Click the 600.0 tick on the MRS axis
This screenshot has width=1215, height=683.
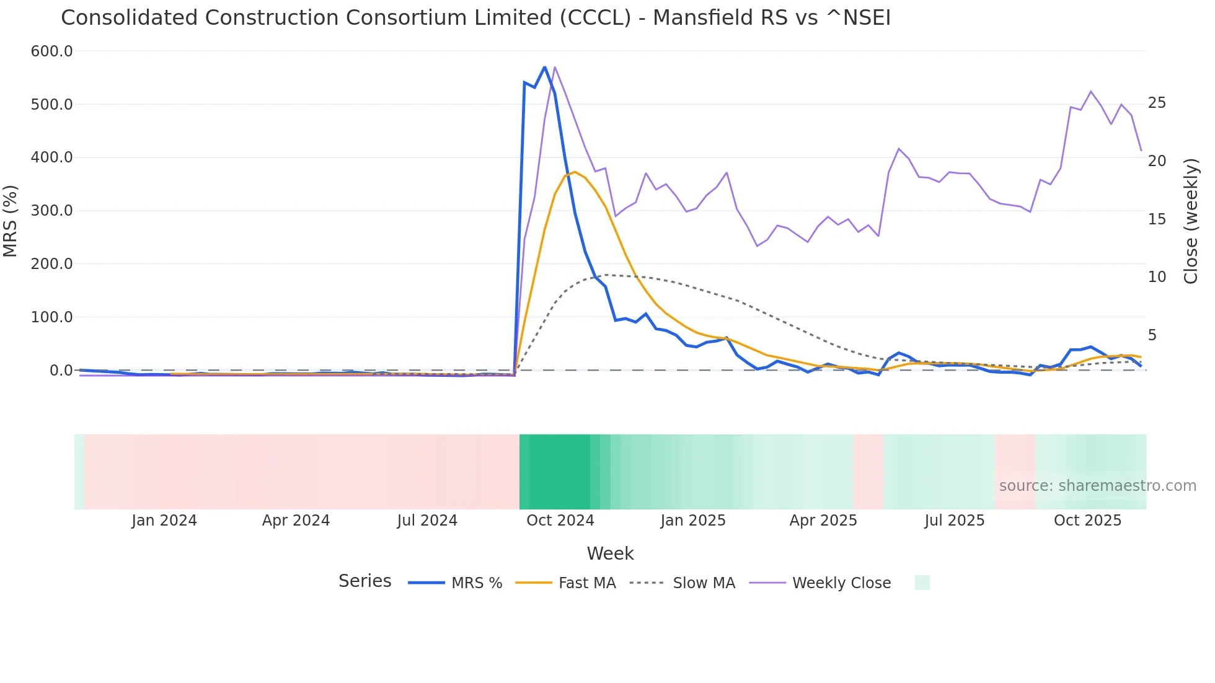point(51,51)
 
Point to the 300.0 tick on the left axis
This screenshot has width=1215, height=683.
point(51,211)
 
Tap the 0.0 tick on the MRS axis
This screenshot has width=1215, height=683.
point(61,371)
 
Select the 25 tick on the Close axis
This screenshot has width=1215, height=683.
point(1157,103)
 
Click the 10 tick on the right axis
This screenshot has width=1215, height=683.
point(1157,277)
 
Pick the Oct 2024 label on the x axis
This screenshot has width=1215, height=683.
point(560,521)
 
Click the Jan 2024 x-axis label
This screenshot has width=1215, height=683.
point(164,521)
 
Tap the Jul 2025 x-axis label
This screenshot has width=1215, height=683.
point(954,521)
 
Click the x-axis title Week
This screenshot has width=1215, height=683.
point(610,553)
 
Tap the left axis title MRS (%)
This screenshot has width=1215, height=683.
point(11,221)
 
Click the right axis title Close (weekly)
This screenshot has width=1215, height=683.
point(1190,221)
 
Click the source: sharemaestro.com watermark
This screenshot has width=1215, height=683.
point(1097,486)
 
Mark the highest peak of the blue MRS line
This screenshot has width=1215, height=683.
point(544,67)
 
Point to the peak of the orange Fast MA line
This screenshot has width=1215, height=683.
point(575,172)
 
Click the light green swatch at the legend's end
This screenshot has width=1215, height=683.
point(922,583)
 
